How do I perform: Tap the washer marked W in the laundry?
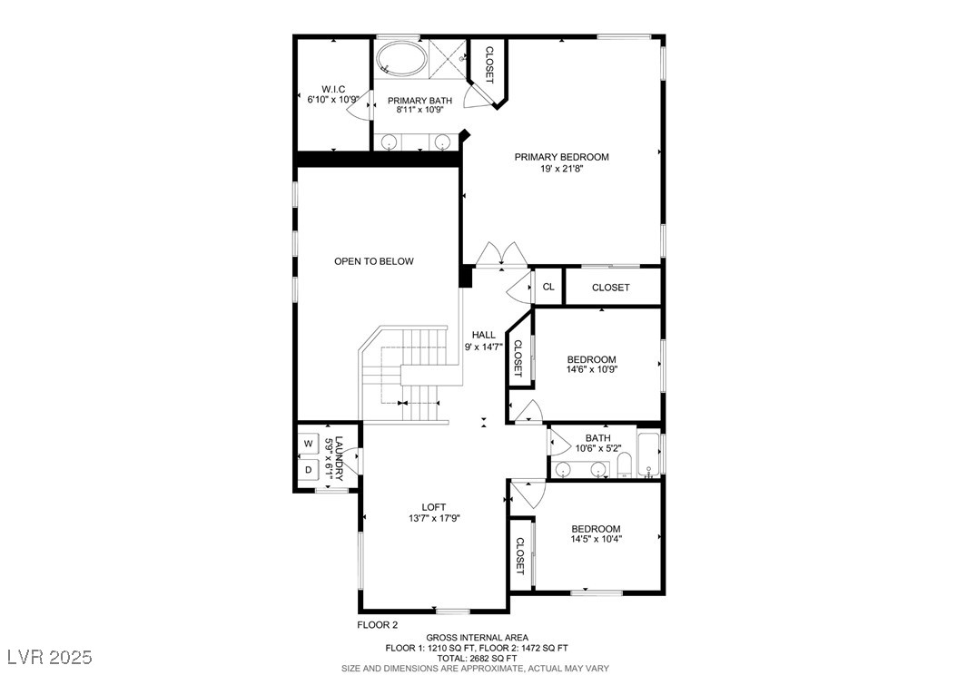(x=308, y=444)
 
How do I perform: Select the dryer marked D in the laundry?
(x=308, y=470)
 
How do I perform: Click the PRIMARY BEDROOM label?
(x=561, y=157)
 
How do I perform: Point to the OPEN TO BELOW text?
(x=373, y=261)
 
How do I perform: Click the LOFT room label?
(x=434, y=507)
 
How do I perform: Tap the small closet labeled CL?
(x=548, y=287)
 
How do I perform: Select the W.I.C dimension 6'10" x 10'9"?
(x=333, y=99)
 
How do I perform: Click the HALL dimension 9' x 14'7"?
(x=483, y=347)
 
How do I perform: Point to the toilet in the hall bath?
(x=625, y=467)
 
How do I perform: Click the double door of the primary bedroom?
(x=502, y=255)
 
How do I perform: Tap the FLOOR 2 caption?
(x=377, y=624)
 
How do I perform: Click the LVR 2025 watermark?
(x=50, y=657)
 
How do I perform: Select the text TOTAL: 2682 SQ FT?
(x=478, y=659)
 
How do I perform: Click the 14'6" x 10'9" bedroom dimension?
(x=592, y=369)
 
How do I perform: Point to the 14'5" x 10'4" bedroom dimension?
(x=597, y=538)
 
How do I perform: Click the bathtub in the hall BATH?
(x=649, y=455)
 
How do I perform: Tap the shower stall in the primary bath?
(x=448, y=59)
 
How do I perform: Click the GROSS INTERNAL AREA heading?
(x=478, y=638)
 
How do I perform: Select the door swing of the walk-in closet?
(x=358, y=110)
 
